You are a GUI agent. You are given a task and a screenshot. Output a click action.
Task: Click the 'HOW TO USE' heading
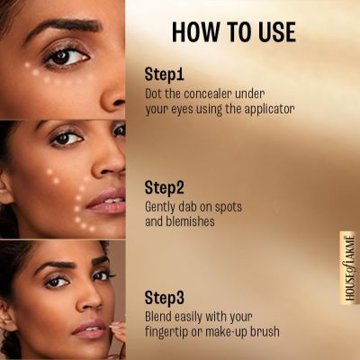point(233,31)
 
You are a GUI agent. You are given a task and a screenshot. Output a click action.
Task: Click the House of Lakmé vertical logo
point(349,267)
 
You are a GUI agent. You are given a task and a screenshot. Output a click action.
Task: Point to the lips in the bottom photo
point(91,326)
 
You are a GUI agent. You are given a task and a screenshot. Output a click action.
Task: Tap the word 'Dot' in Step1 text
point(156,93)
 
